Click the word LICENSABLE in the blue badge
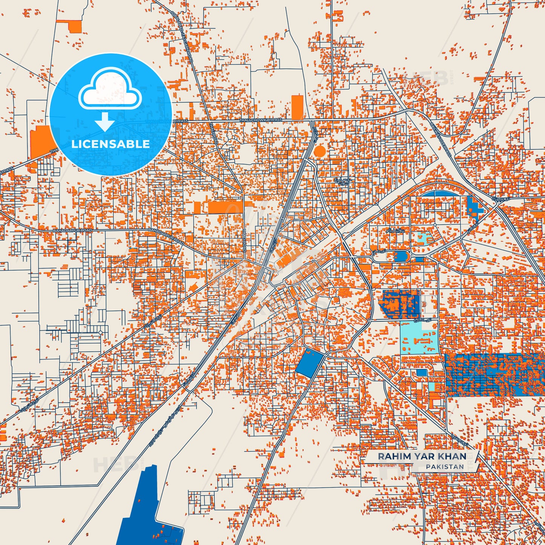pyautogui.click(x=111, y=144)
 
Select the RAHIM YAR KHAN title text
pyautogui.click(x=422, y=456)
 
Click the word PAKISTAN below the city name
pyautogui.click(x=445, y=467)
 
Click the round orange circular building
pyautogui.click(x=319, y=151)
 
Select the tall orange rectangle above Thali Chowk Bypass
pyautogui.click(x=297, y=107)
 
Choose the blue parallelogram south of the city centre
pyautogui.click(x=309, y=363)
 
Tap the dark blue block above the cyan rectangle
pyautogui.click(x=401, y=302)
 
